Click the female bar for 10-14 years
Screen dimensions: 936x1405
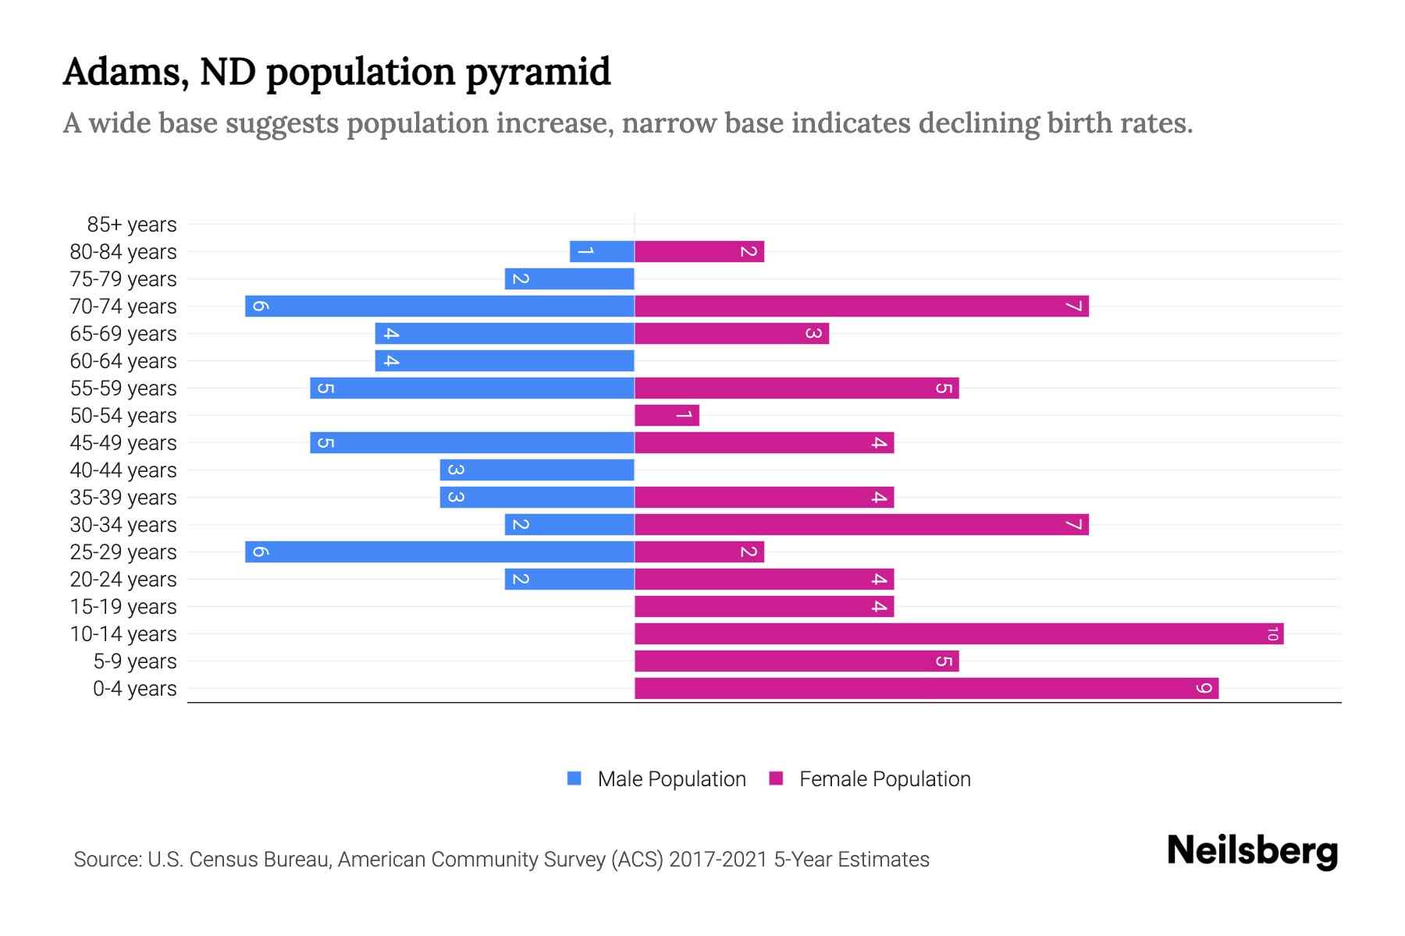pos(959,634)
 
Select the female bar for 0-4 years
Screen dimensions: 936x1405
pos(926,689)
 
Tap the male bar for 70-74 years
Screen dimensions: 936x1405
pos(439,307)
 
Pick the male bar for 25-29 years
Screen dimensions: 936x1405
pos(439,552)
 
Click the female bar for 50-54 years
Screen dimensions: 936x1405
pos(667,416)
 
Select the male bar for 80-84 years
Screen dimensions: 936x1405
pos(602,252)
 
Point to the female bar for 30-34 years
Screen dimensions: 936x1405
pos(861,525)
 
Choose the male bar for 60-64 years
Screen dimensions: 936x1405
pos(504,361)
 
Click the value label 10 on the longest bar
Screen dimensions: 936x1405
pos(1272,634)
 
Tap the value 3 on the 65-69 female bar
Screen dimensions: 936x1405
pos(813,334)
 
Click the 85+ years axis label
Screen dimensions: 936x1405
pos(132,225)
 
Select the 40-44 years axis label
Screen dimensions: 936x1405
pos(123,470)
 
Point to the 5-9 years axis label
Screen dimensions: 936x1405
pos(135,661)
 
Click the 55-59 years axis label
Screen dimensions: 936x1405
pos(123,388)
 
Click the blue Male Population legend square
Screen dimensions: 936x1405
pos(574,778)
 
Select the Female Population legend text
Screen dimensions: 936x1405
pos(884,779)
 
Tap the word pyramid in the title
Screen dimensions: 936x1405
pos(538,72)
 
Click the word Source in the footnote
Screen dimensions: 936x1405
pos(106,860)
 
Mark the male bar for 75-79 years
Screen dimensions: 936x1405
pos(569,279)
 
